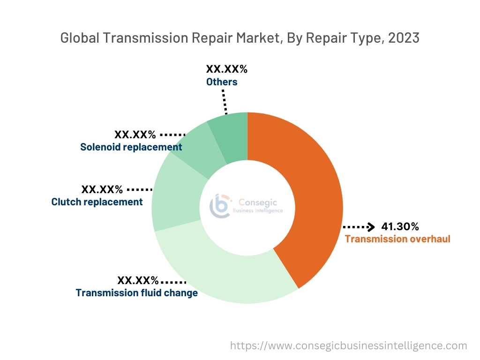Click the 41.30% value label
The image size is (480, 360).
400,227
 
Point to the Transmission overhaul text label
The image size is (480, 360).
397,239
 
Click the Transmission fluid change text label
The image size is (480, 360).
137,293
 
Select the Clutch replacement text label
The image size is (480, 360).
97,202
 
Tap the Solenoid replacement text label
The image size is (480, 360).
131,147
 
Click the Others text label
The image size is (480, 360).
222,82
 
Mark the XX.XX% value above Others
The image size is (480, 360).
227,69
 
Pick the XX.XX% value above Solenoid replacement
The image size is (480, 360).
135,135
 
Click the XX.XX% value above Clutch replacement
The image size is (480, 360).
102,190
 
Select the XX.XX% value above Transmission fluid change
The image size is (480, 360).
138,281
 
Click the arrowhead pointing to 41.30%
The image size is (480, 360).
371,227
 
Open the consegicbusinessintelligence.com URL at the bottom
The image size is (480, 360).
349,346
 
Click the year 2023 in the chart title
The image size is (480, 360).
403,38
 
